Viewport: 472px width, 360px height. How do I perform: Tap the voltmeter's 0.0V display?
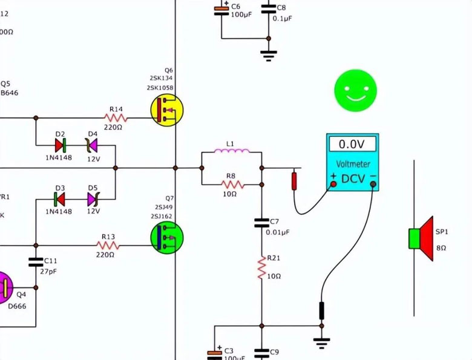[352, 144]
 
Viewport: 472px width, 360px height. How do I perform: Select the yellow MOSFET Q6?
[166, 111]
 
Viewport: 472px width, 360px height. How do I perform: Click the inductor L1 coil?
[231, 152]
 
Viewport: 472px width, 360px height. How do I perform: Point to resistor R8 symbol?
[231, 184]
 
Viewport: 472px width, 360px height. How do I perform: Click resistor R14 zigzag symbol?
[116, 117]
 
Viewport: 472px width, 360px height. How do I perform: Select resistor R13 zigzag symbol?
[108, 246]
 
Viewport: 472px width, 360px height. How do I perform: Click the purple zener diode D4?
[92, 145]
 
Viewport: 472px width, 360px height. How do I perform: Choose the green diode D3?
[60, 198]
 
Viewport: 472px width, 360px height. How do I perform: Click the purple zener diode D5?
[93, 198]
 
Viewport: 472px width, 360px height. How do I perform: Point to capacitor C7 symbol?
[262, 222]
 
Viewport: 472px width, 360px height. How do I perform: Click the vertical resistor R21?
[262, 267]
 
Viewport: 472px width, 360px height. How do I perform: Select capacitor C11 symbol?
[36, 263]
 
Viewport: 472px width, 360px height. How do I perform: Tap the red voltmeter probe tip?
[295, 181]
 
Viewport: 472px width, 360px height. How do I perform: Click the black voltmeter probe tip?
[322, 310]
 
